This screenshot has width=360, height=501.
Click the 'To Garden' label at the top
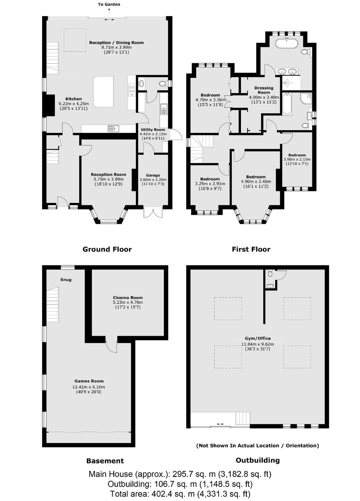point(109,4)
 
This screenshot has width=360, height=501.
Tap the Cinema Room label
point(128,298)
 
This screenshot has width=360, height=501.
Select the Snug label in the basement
point(66,280)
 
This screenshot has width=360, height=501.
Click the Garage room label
point(153,175)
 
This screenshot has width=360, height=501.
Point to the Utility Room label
point(153,129)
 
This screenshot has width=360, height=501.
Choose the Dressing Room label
point(264,90)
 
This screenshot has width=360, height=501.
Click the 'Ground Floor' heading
point(107,249)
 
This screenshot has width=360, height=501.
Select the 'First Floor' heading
point(251,249)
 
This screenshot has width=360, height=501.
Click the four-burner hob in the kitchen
point(132,91)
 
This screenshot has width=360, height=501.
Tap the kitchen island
point(103,92)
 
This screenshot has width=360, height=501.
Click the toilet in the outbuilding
point(270,273)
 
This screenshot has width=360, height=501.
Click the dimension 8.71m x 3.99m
point(116,47)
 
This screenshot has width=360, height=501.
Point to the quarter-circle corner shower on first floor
point(306,98)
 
